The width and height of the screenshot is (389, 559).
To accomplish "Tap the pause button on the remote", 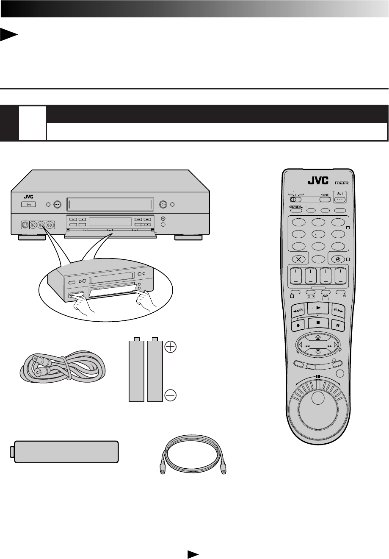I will pos(338,325).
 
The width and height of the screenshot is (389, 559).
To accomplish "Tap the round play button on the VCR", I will pos(163,205).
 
